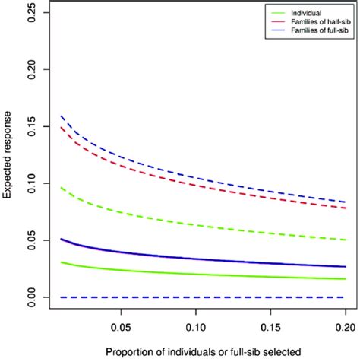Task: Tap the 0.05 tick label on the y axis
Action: coord(31,240)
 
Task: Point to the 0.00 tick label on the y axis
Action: coord(31,297)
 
